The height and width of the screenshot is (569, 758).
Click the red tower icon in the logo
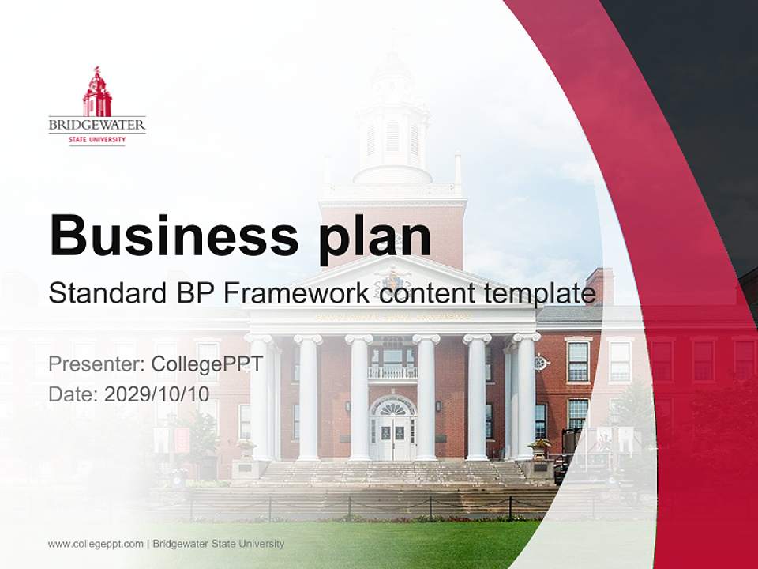point(97,92)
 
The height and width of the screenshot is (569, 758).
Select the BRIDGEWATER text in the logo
point(97,125)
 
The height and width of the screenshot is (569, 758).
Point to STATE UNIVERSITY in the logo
point(97,140)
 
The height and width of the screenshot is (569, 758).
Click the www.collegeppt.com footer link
point(96,544)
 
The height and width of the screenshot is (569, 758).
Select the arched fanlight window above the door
point(393,407)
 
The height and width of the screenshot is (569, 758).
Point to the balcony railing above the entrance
point(392,372)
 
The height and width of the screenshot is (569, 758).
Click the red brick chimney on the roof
point(601,285)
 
